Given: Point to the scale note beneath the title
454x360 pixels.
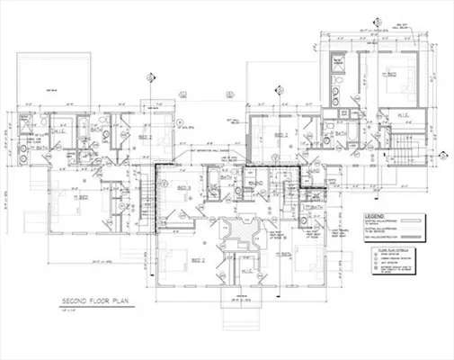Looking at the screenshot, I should pyautogui.click(x=68, y=310).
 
